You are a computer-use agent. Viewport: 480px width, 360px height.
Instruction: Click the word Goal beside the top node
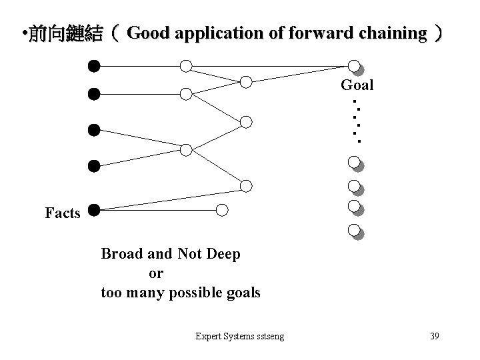point(357,85)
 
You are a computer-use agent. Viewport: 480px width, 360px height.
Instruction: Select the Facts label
point(63,213)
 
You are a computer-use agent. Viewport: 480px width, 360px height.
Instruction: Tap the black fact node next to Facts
point(94,210)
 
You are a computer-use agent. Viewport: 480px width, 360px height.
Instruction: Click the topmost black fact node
point(94,66)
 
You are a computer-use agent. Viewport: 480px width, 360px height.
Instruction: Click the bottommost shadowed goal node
point(355,231)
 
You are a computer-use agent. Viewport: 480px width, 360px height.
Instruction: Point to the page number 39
point(434,336)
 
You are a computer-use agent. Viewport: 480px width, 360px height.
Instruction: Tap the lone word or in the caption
point(156,273)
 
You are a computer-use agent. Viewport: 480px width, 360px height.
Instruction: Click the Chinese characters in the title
point(66,33)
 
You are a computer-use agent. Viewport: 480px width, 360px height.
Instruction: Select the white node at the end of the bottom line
point(223,210)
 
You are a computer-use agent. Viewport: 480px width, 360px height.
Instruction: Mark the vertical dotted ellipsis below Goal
point(357,122)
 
